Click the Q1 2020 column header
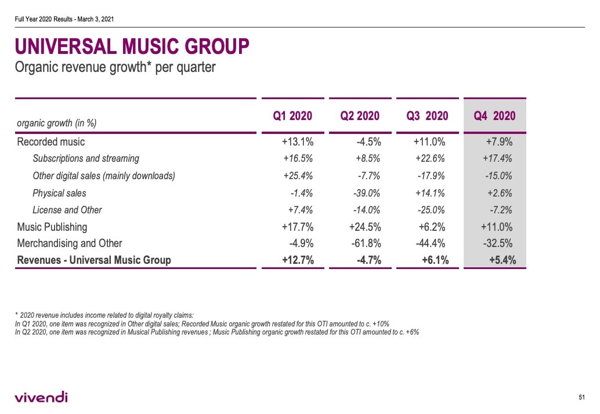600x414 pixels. point(292,116)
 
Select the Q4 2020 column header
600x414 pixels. point(494,116)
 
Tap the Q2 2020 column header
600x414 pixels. point(360,116)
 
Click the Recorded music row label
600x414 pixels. point(51,142)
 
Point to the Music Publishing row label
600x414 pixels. point(52,227)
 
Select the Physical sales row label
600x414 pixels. point(59,193)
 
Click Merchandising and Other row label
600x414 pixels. point(70,244)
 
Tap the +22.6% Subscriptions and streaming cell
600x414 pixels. point(431,158)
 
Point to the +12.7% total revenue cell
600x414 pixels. point(298,260)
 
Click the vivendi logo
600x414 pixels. point(41,397)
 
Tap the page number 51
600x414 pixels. point(581,397)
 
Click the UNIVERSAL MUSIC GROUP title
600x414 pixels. point(132,46)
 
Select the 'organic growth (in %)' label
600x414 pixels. point(56,123)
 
